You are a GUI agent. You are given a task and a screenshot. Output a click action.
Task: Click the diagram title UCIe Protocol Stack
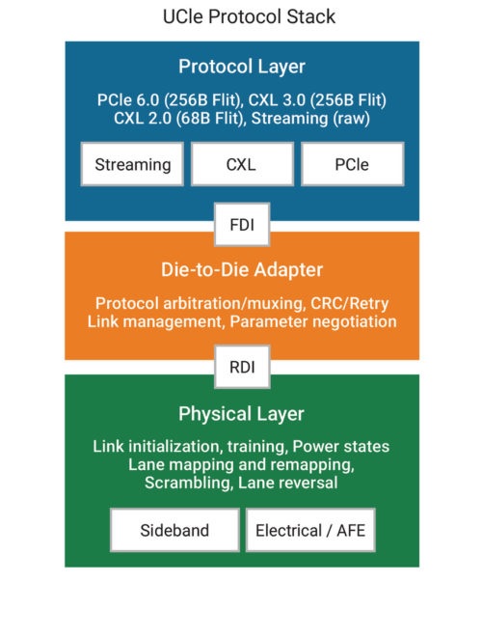(249, 17)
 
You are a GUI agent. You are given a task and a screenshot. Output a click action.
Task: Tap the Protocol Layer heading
(242, 67)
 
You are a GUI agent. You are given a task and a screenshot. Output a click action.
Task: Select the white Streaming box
(132, 164)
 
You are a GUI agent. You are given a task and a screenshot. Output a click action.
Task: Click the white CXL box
(242, 164)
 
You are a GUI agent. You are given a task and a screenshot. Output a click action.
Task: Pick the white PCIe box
(352, 164)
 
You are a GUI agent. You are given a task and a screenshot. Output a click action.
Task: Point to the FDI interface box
(242, 224)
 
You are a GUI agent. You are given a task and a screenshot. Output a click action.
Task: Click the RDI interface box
(242, 367)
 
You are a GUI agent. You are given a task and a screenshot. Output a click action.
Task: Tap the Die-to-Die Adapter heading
(242, 269)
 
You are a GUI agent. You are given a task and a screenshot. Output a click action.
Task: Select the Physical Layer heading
(241, 414)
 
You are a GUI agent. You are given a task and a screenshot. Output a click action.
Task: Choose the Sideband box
(174, 530)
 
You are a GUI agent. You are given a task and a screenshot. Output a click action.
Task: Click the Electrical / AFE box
(310, 530)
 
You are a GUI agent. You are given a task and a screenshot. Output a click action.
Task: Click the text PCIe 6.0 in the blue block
(128, 100)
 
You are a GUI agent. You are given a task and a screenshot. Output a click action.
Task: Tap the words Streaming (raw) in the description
(310, 119)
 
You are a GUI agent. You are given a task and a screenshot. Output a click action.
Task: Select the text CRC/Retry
(350, 303)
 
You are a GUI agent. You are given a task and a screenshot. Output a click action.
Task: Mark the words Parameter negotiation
(313, 321)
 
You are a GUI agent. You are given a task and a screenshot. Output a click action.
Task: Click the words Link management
(156, 321)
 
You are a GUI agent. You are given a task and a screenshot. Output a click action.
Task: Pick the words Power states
(341, 447)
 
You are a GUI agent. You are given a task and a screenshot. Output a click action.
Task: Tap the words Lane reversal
(287, 483)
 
